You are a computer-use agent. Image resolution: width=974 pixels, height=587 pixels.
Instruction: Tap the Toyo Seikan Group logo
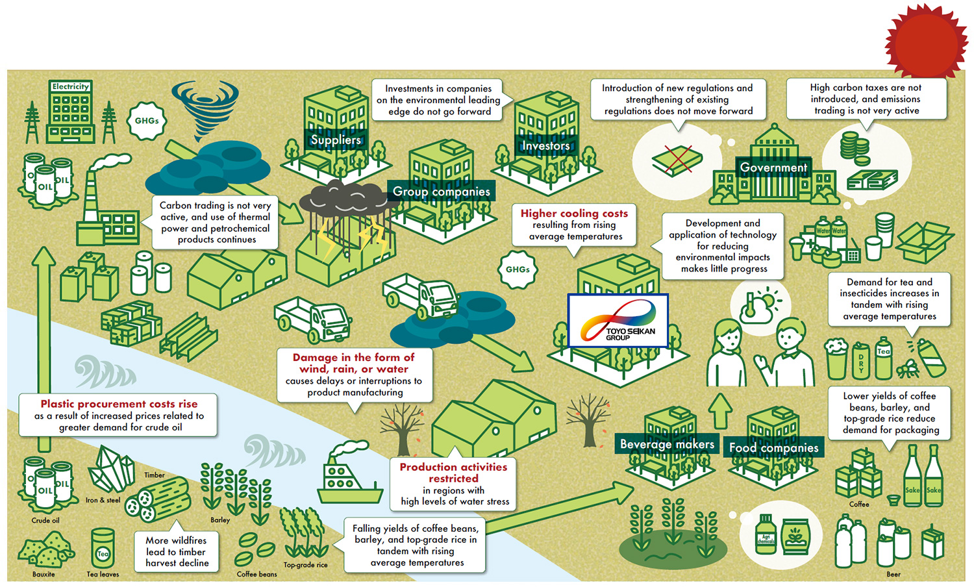[x=618, y=320]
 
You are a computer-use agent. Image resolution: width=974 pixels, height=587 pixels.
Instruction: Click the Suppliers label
[x=335, y=140]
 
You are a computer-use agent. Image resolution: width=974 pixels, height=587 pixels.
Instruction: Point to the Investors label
[x=545, y=146]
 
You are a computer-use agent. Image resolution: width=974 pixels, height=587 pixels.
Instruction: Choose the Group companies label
[x=442, y=192]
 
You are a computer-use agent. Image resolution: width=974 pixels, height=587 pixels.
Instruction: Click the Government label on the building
[x=773, y=168]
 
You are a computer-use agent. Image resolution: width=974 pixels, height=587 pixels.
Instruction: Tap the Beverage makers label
[x=667, y=444]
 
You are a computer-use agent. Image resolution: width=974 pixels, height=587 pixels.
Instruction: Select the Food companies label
[x=773, y=448]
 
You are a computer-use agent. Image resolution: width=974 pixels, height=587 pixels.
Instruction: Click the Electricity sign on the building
[x=71, y=86]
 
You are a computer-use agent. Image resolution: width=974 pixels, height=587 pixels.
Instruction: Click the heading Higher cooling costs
[x=574, y=213]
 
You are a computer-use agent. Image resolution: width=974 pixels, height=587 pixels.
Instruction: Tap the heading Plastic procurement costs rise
[x=119, y=403]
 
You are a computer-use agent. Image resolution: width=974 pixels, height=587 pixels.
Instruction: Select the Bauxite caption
[x=44, y=574]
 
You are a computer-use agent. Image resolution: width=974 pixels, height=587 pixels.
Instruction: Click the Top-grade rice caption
[x=305, y=565]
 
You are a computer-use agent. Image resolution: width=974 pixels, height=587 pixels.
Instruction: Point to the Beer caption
[x=893, y=574]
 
